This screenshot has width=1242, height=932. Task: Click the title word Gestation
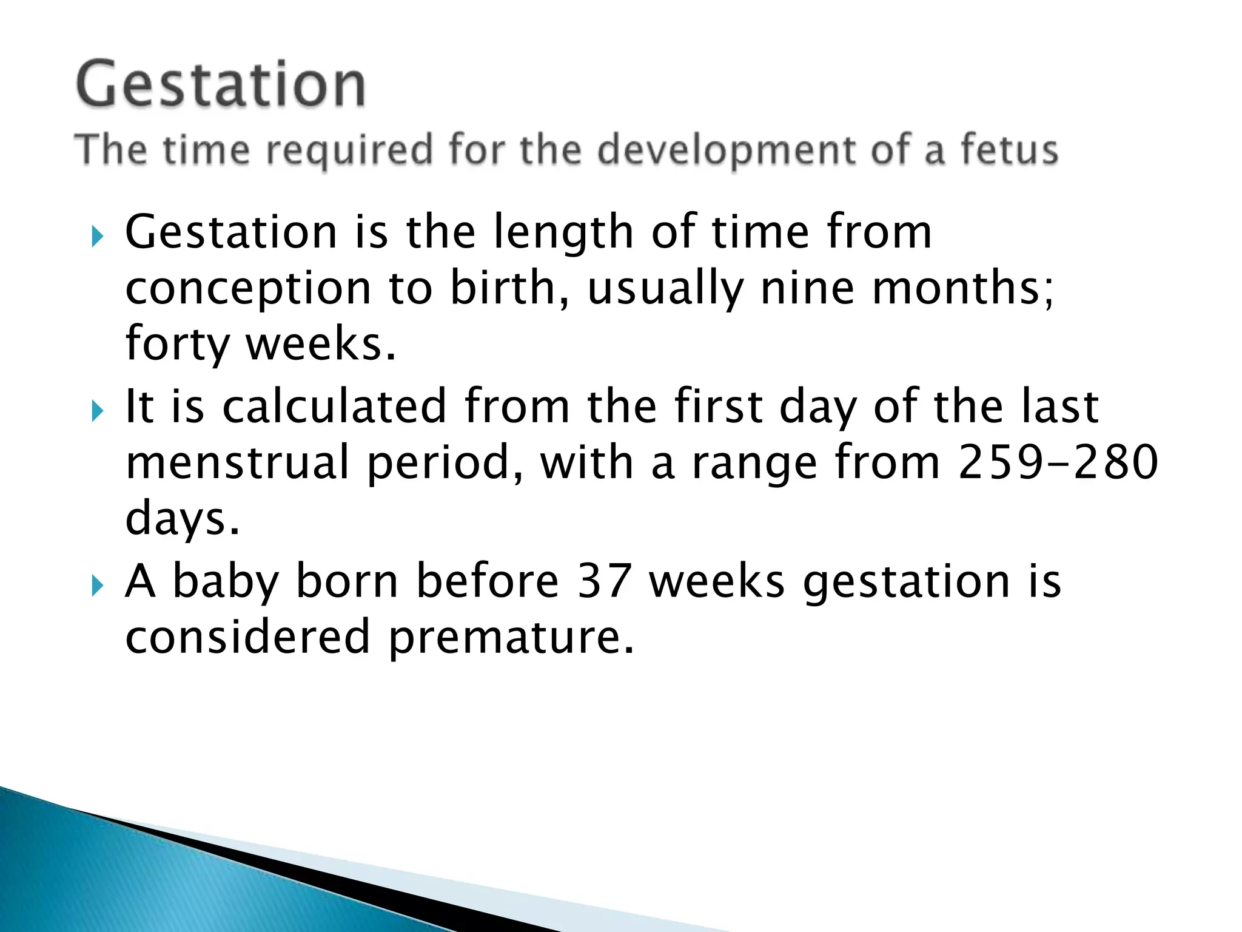[x=221, y=85]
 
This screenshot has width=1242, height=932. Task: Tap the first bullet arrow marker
[x=97, y=236]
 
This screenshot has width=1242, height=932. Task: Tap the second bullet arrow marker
[x=97, y=411]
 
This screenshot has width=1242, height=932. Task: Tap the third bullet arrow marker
[x=97, y=586]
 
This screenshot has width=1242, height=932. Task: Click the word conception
[x=248, y=289]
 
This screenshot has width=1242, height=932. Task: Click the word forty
[x=177, y=344]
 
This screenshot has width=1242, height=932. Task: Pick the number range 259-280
[x=1058, y=462]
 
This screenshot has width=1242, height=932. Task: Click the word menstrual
[x=238, y=462]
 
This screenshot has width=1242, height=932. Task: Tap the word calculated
[x=335, y=406]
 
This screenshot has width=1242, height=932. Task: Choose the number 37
[x=604, y=581]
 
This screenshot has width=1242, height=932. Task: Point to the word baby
[x=226, y=582]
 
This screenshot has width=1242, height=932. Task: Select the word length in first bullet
[x=563, y=232]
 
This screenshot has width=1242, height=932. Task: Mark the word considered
[x=247, y=637]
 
